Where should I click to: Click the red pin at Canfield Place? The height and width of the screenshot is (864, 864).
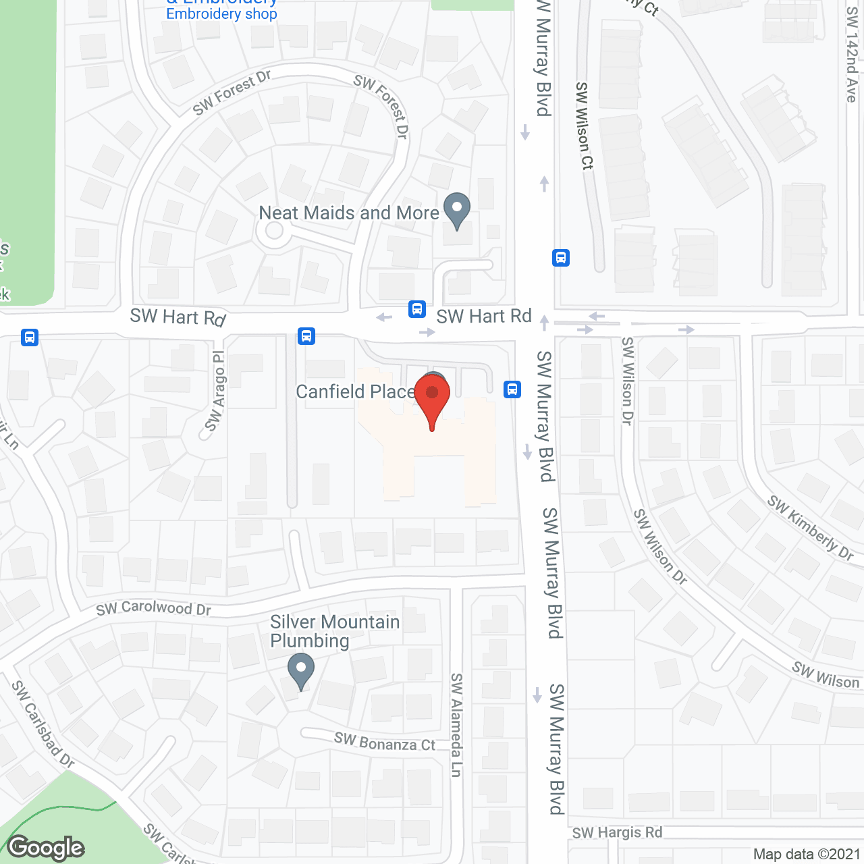(x=432, y=395)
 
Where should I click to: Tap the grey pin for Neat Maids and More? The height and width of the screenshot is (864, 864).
(x=457, y=209)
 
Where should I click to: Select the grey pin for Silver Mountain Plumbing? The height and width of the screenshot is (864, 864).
(x=300, y=670)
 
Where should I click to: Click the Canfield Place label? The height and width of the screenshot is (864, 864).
(x=355, y=391)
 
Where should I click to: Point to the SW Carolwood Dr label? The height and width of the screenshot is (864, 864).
(x=153, y=608)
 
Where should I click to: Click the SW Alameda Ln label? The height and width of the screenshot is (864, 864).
(x=456, y=724)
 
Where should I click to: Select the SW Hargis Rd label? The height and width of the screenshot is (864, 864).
(x=617, y=832)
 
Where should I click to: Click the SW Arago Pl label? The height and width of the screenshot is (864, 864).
(x=215, y=391)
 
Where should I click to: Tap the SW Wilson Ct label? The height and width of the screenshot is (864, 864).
(x=585, y=126)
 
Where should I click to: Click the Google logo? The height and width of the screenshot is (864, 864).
(x=46, y=848)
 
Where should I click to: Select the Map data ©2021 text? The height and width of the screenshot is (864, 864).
(x=807, y=854)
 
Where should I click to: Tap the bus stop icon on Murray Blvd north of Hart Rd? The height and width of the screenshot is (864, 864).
(x=561, y=258)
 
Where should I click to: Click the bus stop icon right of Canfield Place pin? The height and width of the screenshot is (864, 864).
(x=512, y=389)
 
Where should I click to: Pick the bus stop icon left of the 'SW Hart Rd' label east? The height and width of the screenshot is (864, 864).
(x=417, y=309)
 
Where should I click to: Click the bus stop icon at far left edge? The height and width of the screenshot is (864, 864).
(x=30, y=337)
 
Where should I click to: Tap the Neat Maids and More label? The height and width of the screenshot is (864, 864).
(x=349, y=213)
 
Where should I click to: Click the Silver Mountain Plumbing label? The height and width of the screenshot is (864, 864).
(x=335, y=631)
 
